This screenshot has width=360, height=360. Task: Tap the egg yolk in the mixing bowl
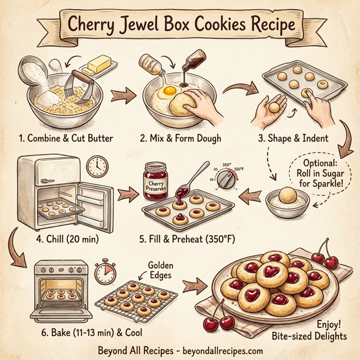(x=168, y=90)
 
